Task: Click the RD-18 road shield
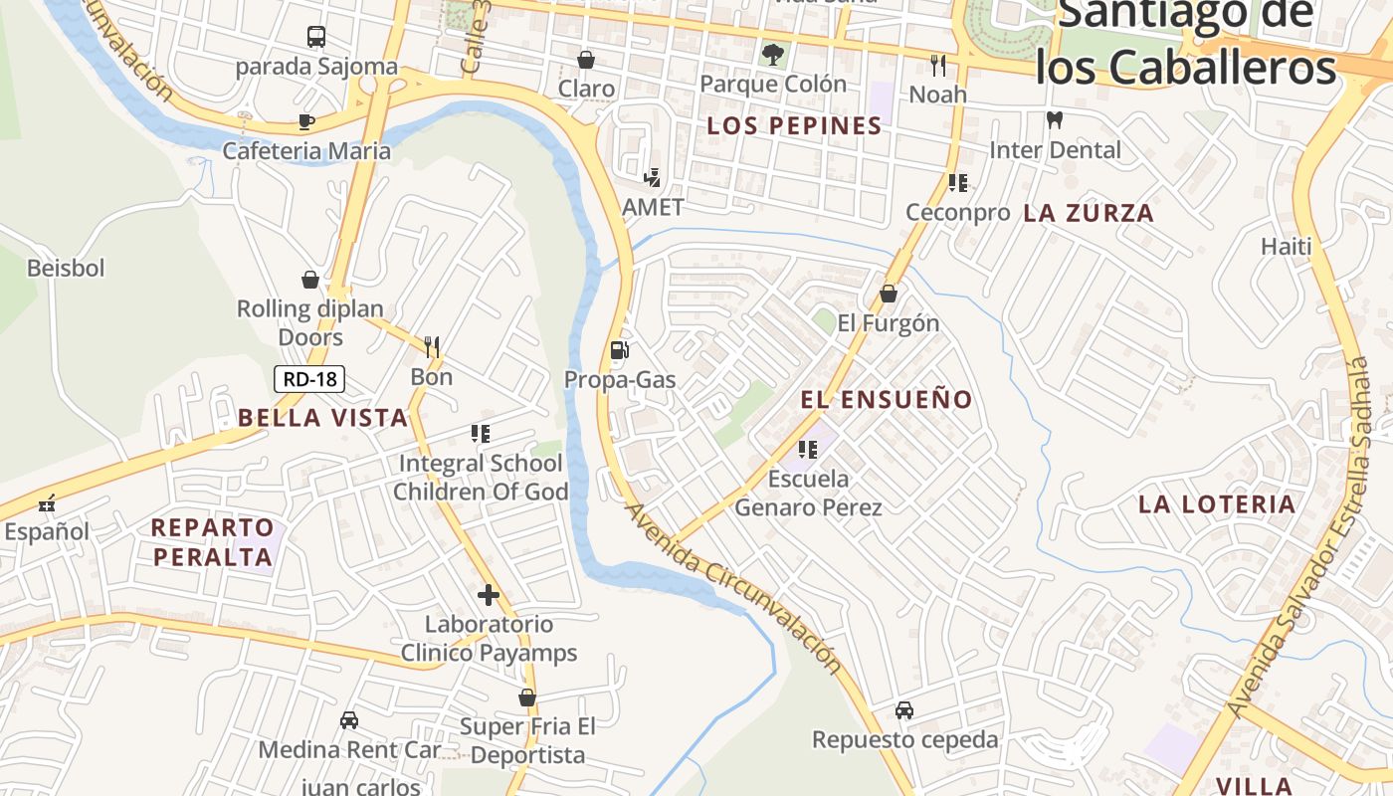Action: click(x=309, y=379)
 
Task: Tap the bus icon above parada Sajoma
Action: click(x=316, y=37)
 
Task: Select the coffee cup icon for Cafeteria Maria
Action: click(x=306, y=121)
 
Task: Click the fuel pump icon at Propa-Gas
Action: click(x=619, y=349)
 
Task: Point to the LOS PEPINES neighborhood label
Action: click(x=794, y=126)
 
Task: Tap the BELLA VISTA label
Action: click(x=322, y=418)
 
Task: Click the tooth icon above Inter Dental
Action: click(x=1055, y=119)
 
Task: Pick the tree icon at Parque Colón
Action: click(x=772, y=54)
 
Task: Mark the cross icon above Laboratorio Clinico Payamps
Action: click(x=488, y=595)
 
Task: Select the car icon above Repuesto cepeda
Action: click(x=903, y=709)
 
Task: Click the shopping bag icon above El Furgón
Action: click(x=888, y=294)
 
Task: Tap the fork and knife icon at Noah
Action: click(x=937, y=65)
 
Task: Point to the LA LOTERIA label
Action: click(x=1217, y=504)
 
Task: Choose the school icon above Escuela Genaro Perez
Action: click(x=807, y=449)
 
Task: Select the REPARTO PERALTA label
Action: click(x=213, y=542)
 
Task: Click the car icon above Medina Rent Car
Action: click(x=349, y=719)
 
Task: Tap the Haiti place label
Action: click(x=1287, y=246)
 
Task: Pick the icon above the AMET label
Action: click(x=652, y=178)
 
